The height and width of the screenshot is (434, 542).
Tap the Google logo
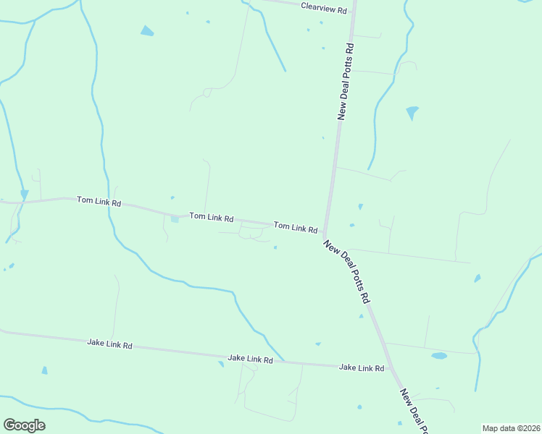pos(24,425)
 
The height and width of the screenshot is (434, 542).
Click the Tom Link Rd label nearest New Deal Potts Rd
pos(296,228)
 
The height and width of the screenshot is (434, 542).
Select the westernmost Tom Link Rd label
pos(99,201)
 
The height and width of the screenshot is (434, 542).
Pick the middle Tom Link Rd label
pos(212,217)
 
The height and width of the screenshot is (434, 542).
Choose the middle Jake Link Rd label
pos(250,359)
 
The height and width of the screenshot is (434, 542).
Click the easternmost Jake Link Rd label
pos(362,367)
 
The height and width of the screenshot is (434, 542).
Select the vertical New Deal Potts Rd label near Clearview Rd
pos(346,81)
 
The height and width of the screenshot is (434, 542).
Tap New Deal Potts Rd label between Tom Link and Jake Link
pos(348,271)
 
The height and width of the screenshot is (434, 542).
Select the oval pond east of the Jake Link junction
pos(439,356)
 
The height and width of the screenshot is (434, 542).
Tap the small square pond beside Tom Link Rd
pos(174,219)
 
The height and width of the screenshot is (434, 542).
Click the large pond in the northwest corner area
pos(147,31)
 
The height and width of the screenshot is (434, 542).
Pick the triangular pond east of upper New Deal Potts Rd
pos(412,112)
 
